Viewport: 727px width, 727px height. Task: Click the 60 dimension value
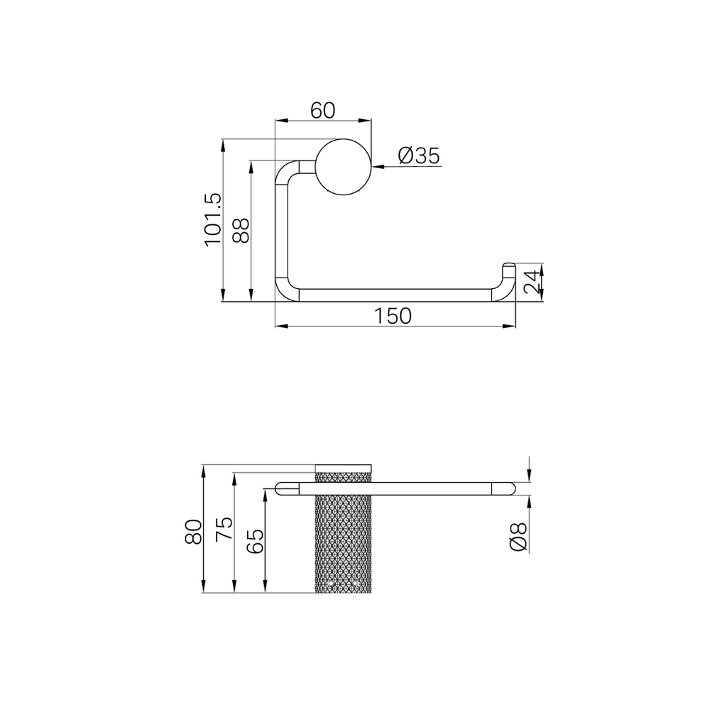tap(323, 110)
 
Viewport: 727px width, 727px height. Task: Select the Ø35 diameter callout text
tap(419, 155)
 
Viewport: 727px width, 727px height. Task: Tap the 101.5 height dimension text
tap(213, 220)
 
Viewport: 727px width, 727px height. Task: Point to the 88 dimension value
tap(241, 231)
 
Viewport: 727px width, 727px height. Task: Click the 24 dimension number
tap(532, 282)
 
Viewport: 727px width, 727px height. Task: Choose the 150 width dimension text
tap(393, 316)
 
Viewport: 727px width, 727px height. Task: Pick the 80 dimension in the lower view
tap(193, 531)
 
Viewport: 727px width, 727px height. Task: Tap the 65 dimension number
tap(255, 540)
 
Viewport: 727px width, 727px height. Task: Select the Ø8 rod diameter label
tap(518, 537)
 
